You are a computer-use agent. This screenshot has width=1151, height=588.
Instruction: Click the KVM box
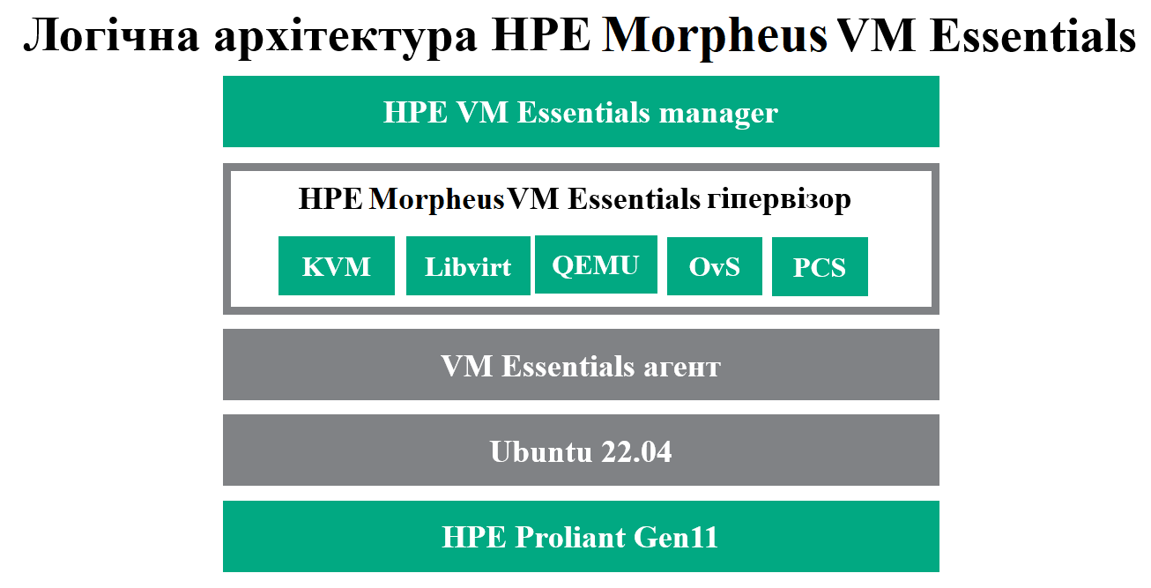(337, 265)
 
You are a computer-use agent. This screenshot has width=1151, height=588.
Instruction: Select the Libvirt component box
(468, 265)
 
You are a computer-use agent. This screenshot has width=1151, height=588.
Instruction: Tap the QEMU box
(596, 264)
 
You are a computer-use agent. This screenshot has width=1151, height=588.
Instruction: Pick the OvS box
(715, 266)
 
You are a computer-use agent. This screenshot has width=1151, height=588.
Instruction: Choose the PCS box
(821, 267)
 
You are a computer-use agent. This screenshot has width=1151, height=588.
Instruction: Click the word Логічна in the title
(112, 36)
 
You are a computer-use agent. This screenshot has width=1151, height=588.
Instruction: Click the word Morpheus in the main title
(714, 37)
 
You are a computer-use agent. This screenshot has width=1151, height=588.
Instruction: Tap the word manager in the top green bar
(718, 114)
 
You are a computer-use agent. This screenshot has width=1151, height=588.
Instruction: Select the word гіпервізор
(779, 200)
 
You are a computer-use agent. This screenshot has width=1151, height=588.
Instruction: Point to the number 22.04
(636, 451)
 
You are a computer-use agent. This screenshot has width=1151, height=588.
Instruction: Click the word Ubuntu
(540, 451)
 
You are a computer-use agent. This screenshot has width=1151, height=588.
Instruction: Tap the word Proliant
(569, 537)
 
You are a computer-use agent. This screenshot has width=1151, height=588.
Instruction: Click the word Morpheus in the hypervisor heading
(436, 199)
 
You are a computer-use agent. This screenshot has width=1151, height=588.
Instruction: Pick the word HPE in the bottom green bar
(474, 537)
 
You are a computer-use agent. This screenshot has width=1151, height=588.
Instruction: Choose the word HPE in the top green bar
(415, 112)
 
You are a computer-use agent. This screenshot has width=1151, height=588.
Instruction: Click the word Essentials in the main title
(1032, 36)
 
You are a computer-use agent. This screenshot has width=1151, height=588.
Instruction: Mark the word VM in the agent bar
(467, 366)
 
